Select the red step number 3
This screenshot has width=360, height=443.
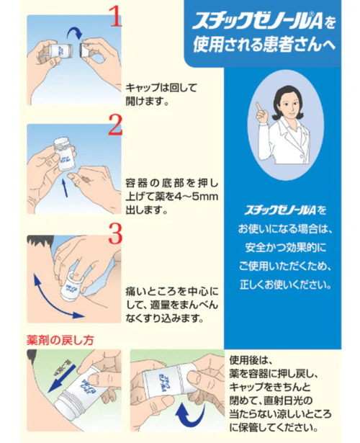coord(115,233)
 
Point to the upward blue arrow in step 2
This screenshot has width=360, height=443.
coord(65,187)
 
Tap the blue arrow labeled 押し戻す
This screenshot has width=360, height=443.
coord(61,379)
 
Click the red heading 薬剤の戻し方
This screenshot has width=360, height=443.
coord(60,340)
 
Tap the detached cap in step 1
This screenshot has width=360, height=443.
coord(86,50)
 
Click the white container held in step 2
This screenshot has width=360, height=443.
coord(65,154)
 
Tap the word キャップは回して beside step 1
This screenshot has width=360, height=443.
coord(161,88)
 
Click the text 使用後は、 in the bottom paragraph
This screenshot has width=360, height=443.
coord(251,360)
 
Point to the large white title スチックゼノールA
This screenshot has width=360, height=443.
coord(257,21)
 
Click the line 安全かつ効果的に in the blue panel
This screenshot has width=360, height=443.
coord(286,247)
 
